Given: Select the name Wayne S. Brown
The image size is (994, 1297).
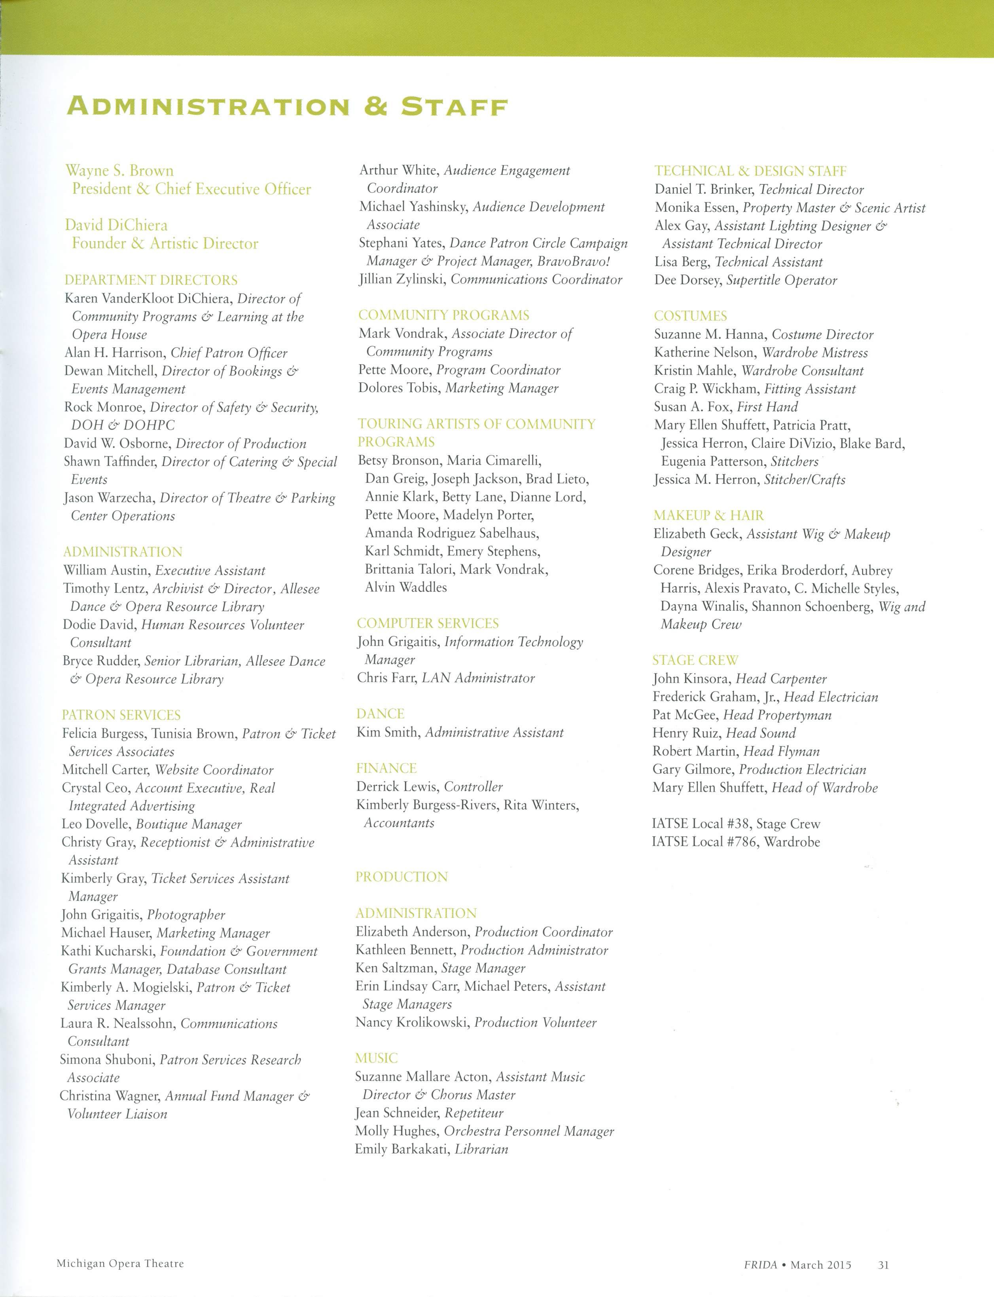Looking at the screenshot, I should point(119,171).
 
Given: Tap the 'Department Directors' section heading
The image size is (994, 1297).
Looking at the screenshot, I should point(151,280).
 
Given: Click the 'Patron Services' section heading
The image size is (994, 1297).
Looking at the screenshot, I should point(121,715).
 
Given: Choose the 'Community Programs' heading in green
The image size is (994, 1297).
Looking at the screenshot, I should point(444,315).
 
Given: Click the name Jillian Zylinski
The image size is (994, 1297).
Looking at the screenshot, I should point(402,279).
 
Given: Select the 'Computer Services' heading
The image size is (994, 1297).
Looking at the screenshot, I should point(428,623).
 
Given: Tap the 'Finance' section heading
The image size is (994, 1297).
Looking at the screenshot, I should point(386,768).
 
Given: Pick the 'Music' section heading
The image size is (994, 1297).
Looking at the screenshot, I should point(376,1058).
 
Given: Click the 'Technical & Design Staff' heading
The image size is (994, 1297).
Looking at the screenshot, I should point(750,171).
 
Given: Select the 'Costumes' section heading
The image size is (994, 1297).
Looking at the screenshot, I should point(691,316).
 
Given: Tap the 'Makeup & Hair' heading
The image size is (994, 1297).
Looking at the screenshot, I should point(709,516).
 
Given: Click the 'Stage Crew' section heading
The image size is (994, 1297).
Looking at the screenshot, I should point(695,661).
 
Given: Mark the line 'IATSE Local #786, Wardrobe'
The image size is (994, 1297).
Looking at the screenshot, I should point(735,842).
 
